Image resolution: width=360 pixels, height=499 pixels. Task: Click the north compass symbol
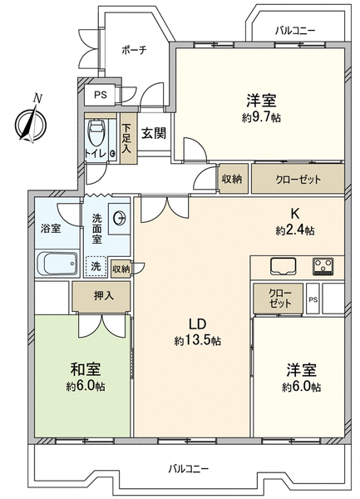31,122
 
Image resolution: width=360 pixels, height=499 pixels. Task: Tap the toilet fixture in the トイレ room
97,131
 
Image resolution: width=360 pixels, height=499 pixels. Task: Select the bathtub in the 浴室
57,264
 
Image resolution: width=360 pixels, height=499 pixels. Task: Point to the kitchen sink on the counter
283,266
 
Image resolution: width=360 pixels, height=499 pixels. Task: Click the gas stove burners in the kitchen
323,266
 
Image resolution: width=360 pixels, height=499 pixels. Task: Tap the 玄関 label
154,133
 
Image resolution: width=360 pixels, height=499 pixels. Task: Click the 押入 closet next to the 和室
101,296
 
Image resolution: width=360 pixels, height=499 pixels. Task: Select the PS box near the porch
100,95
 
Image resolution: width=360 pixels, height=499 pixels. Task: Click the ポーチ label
134,50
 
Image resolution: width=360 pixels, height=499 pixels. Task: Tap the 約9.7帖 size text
261,118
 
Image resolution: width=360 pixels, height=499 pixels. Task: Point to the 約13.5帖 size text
198,341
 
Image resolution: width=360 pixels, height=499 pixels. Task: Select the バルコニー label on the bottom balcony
189,469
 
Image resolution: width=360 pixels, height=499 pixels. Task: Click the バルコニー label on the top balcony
295,31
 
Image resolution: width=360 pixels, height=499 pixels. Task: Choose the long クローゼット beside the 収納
298,179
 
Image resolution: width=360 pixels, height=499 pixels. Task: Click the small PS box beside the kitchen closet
313,299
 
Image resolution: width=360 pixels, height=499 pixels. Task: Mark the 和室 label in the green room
86,369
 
